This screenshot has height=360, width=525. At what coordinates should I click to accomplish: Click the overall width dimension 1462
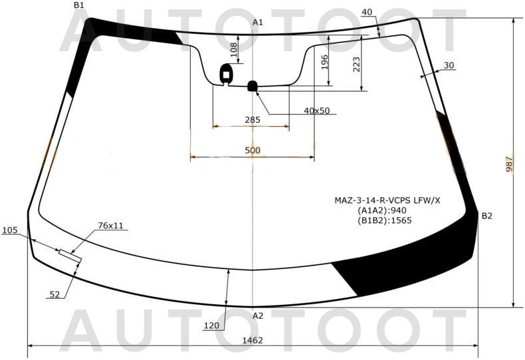click(253, 340)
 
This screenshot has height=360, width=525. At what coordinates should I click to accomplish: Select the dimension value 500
click(253, 151)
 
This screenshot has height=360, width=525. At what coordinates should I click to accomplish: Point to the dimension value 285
click(253, 120)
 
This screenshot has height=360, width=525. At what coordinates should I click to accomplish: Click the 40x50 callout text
click(317, 110)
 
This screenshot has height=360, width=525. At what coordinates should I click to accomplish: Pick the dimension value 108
click(233, 49)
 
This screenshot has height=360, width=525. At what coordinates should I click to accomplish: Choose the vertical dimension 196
click(324, 62)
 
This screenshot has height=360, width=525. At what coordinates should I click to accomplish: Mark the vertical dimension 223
click(356, 64)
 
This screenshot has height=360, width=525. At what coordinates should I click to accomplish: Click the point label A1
click(258, 23)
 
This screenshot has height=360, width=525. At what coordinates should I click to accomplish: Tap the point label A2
click(258, 315)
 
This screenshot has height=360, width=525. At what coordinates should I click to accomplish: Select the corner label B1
click(79, 5)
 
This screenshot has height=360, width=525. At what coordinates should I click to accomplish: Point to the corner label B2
click(487, 215)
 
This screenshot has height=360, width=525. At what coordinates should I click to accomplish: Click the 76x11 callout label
click(111, 226)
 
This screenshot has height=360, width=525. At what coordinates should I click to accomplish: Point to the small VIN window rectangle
click(70, 255)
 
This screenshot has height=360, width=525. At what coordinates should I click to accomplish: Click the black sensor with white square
click(227, 74)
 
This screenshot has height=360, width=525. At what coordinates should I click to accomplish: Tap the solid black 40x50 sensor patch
click(253, 85)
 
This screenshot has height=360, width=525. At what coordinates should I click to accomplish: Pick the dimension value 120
click(211, 325)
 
